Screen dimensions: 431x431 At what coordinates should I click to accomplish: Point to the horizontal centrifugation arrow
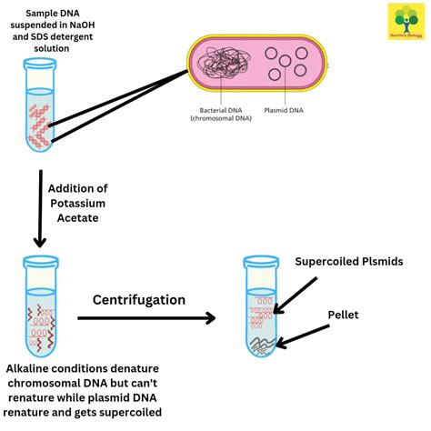click(145, 318)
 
